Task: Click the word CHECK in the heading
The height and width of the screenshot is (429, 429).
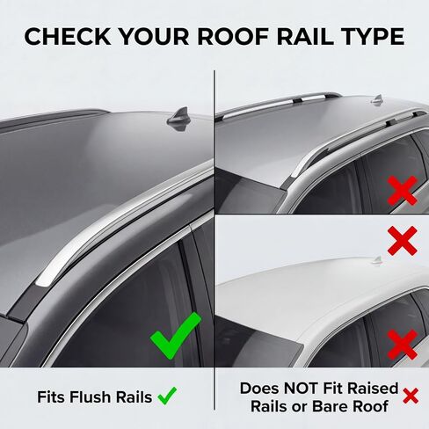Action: click(68, 37)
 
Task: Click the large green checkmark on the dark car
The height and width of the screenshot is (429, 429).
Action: click(175, 336)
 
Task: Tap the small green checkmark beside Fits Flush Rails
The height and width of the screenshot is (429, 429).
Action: click(167, 396)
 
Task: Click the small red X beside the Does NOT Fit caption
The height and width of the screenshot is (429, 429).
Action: click(411, 396)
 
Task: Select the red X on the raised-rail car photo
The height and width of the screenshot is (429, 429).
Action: click(403, 191)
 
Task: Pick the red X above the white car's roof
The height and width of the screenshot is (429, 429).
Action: click(403, 241)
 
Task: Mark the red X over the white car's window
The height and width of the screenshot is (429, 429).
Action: click(403, 345)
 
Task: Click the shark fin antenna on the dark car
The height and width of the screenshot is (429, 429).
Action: click(178, 119)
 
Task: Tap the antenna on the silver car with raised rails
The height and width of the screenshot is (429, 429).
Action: click(377, 99)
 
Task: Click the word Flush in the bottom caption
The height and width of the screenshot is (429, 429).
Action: click(91, 397)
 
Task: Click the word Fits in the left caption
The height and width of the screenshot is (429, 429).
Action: click(52, 397)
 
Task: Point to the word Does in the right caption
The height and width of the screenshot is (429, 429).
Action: click(259, 389)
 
